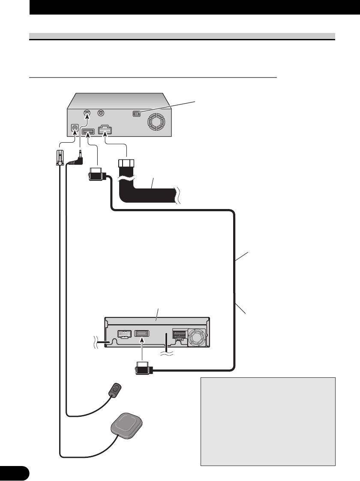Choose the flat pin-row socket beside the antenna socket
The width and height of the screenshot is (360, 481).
tap(87, 131)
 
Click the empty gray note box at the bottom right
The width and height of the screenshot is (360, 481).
tap(267, 421)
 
